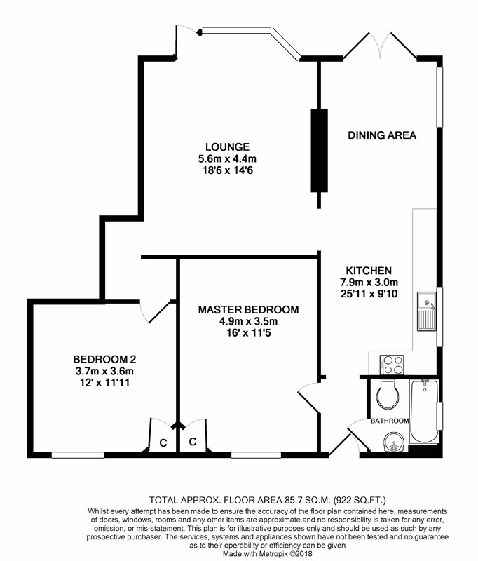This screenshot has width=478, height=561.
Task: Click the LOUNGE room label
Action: click(227, 147)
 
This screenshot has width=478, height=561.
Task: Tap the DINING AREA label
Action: click(382, 135)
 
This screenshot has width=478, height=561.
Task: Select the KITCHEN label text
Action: click(369, 271)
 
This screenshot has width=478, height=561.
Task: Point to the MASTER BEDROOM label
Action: click(249, 309)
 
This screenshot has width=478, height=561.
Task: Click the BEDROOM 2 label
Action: click(104, 359)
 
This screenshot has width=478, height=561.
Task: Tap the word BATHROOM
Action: click(390, 421)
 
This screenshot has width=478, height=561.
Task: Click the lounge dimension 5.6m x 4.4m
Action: click(227, 158)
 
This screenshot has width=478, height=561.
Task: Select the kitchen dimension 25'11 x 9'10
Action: click(369, 294)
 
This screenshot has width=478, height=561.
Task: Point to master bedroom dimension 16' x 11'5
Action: click(249, 333)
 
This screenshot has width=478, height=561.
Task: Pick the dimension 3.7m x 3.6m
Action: click(104, 371)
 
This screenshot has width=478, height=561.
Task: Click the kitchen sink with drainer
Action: click(427, 311)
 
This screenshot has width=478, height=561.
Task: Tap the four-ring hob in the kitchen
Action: click(392, 365)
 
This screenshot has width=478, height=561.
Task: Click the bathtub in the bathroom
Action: click(424, 412)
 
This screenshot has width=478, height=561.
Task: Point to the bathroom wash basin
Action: click(393, 442)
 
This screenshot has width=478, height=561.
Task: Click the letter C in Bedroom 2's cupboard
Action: click(163, 443)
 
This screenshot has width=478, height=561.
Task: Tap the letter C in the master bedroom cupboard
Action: click(193, 442)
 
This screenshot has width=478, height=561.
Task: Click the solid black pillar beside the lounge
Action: click(320, 151)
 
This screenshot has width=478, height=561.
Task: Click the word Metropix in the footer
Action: click(272, 553)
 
